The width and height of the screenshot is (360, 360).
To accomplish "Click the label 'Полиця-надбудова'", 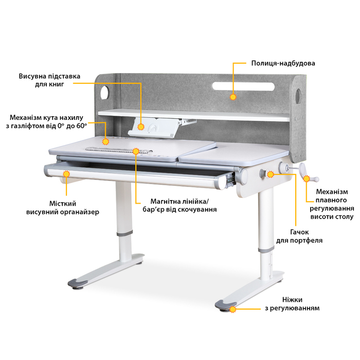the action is [x=283, y=63].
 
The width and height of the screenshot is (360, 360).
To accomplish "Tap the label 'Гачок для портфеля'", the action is [x=299, y=236].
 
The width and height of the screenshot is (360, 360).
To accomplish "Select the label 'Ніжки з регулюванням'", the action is [x=292, y=304].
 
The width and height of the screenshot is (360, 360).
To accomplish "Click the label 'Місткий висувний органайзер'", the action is [x=62, y=208].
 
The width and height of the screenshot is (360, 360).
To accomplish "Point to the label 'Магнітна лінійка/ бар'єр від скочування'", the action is [x=179, y=206].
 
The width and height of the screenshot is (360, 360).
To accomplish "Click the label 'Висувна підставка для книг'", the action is [x=49, y=80].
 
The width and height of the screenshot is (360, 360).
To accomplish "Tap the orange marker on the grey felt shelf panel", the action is [x=233, y=97].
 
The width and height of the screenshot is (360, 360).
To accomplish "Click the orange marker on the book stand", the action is [x=141, y=127].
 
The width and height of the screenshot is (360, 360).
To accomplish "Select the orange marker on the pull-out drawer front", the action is [x=66, y=174].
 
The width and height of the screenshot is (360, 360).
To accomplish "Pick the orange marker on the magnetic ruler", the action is [x=136, y=151].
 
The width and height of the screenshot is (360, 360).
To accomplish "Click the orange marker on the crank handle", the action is [x=307, y=178].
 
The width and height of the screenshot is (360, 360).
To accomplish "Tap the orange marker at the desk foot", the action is [x=232, y=309].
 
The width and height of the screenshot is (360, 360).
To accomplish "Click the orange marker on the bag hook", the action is [x=271, y=174].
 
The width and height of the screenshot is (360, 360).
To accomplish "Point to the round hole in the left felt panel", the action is [x=105, y=93].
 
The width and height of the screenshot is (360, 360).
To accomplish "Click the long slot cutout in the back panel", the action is [x=243, y=86].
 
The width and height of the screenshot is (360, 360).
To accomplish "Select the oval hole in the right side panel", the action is [x=298, y=96].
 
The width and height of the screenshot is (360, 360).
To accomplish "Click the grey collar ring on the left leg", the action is [x=124, y=233].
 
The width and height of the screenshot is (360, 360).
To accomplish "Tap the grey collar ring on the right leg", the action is [x=266, y=249].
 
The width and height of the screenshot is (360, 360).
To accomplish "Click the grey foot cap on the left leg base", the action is [x=77, y=283].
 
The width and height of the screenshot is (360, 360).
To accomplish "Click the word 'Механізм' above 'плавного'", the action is [x=332, y=191].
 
